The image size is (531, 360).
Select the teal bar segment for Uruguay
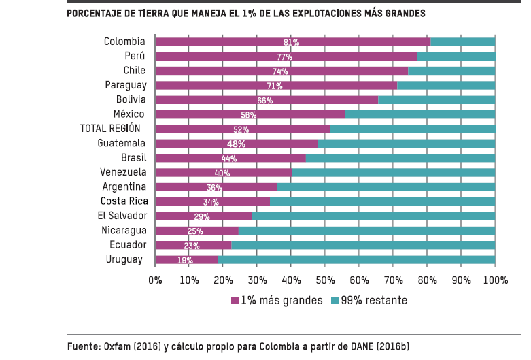(357, 259)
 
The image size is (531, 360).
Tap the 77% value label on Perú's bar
(284, 56)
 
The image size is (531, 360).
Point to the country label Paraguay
(126, 85)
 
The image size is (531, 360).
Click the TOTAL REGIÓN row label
(110, 129)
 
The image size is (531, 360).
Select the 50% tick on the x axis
(325, 280)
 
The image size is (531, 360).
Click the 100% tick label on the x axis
(495, 280)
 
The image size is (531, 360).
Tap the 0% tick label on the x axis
(155, 280)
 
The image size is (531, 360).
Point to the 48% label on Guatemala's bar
(236, 144)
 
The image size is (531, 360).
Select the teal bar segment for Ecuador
(363, 245)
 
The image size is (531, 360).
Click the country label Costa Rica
(124, 201)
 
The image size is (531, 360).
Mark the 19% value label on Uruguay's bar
(184, 260)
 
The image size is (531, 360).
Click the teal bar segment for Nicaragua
(367, 231)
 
